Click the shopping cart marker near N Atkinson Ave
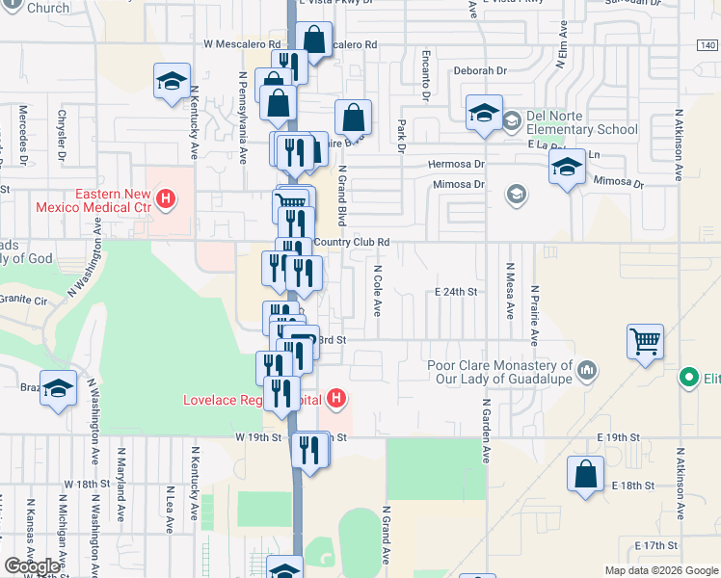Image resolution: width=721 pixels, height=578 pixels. point(645,341)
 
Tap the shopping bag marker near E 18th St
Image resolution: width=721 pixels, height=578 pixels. point(586,475)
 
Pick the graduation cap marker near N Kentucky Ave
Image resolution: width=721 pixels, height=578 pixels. point(172,82)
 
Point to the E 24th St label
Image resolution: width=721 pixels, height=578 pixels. point(456,292)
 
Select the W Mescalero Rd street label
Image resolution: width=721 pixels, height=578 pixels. point(241,44)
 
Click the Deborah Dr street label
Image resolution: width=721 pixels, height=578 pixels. point(479,70)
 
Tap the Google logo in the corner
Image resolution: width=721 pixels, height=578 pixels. point(32,566)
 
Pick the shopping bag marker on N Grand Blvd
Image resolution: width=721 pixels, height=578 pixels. point(354,118)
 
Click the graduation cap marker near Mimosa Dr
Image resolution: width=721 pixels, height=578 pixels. point(567,168)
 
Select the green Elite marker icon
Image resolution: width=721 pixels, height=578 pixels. point(689,377)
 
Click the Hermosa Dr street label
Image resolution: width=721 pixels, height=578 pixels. point(457,165)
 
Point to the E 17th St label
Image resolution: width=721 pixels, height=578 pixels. point(656,545)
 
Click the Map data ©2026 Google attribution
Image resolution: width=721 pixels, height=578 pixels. point(660,570)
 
